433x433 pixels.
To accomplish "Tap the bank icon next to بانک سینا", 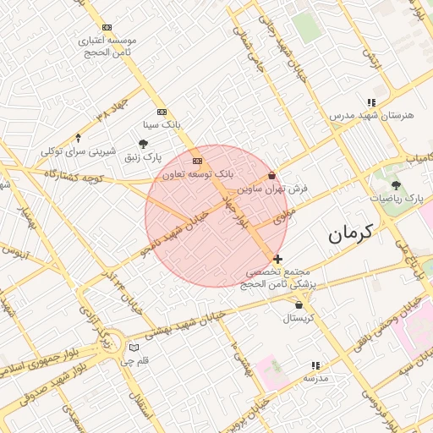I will [x=162, y=112].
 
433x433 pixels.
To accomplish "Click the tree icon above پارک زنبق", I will [x=143, y=145].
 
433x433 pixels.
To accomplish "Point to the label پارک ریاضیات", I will [x=397, y=198].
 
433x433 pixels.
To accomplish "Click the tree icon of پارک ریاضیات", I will [x=397, y=185].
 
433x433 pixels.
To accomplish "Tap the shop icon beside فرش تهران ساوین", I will [x=271, y=176].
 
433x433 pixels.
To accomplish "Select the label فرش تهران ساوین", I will [x=270, y=189].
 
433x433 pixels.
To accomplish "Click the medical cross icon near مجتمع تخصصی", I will [x=278, y=259].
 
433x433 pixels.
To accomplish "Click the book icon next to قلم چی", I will [x=133, y=348].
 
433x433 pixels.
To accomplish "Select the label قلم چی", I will [x=134, y=361].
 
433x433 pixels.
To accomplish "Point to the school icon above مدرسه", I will [x=315, y=366].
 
